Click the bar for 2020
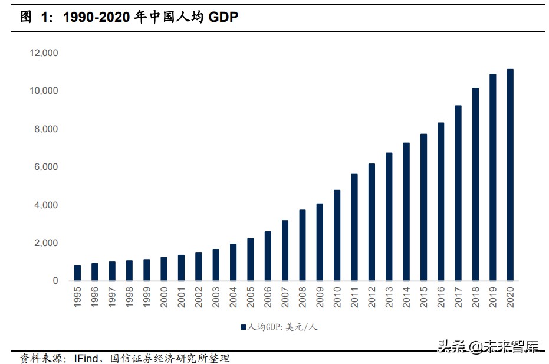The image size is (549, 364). pos(510,175)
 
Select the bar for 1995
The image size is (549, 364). pos(77,273)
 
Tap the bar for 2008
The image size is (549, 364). pos(303,245)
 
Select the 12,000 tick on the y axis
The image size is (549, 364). pos(44,53)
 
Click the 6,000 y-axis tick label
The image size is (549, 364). pos(46,167)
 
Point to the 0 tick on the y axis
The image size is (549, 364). pos(55,281)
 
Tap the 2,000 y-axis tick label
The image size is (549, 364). pos(46,243)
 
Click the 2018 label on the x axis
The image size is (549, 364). pos(475,297)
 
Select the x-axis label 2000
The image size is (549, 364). pos(164,297)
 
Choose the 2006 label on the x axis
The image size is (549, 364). pos(268,297)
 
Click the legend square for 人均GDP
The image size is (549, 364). pos(243,326)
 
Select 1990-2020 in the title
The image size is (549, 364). pos(96,18)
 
